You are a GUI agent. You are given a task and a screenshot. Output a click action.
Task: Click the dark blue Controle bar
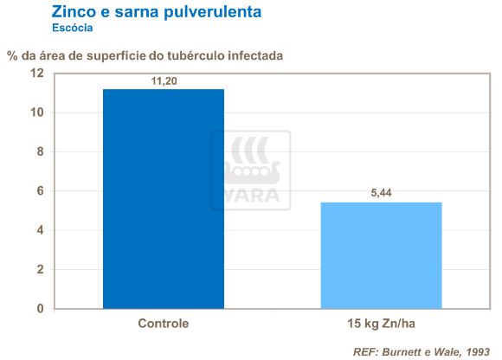[x=164, y=198]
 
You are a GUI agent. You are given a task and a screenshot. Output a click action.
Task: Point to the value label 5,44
[x=382, y=194]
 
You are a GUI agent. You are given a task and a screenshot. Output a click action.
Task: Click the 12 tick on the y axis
[x=36, y=74]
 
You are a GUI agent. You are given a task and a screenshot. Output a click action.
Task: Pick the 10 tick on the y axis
[x=36, y=112]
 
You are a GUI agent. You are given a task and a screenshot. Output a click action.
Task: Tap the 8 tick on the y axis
[x=39, y=151]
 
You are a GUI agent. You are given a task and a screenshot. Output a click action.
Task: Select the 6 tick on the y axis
[x=39, y=191]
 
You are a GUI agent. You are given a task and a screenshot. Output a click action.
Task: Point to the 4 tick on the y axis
[x=39, y=230]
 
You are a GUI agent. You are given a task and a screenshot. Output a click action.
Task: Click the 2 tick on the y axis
[x=39, y=269]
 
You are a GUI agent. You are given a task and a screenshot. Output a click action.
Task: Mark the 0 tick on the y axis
[x=39, y=308]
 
